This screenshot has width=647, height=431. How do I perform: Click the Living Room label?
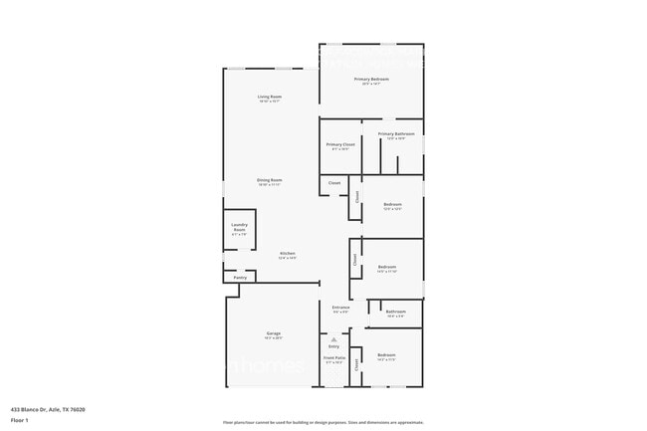click(269, 97)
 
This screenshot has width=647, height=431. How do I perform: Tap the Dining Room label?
click(269, 180)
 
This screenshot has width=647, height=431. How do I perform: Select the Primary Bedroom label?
click(370, 79)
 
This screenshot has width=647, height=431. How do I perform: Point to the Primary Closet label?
click(340, 144)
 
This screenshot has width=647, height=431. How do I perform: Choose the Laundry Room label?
click(239, 228)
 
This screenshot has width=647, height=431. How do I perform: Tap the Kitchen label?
click(287, 253)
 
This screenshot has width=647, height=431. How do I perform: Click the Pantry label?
click(240, 278)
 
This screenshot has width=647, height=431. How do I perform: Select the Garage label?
click(273, 333)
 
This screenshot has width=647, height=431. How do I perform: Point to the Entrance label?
click(340, 308)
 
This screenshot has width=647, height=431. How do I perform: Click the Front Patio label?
click(333, 357)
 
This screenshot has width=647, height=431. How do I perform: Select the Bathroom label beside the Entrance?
click(395, 312)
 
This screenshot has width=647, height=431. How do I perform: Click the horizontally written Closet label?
click(334, 183)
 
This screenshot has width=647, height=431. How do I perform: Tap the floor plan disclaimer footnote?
click(323, 422)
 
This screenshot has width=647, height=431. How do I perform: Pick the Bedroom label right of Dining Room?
click(391, 205)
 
